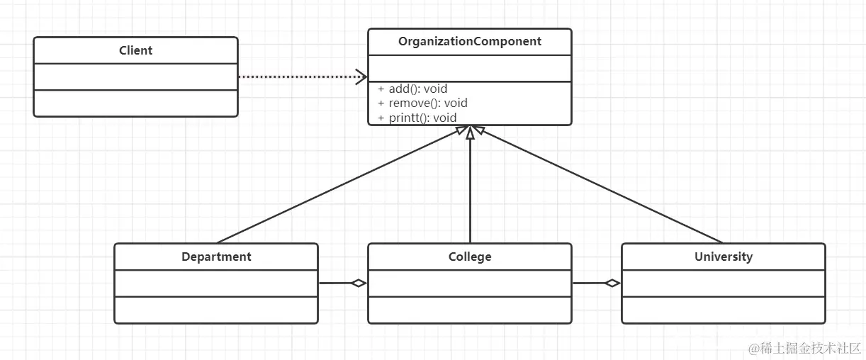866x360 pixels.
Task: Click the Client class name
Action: tap(135, 50)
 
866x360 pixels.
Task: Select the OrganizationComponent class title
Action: tap(470, 41)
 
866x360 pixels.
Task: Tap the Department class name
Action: tap(216, 257)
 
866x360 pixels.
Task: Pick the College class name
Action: tap(470, 257)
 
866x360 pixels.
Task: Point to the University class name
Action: tap(724, 257)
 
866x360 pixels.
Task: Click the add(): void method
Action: tap(412, 89)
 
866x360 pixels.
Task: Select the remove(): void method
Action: tap(422, 103)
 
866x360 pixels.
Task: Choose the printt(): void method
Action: tap(417, 118)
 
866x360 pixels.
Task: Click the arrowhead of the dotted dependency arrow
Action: tap(361, 77)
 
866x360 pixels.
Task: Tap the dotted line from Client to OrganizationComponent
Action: tap(303, 77)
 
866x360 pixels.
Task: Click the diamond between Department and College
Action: tap(359, 283)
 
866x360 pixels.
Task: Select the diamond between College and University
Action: tap(612, 283)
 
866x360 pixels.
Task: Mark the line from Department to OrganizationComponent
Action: tap(342, 184)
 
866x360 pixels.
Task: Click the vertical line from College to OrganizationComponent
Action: tap(470, 184)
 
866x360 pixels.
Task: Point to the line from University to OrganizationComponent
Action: tap(597, 184)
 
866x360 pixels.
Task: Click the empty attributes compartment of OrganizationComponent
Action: tap(470, 69)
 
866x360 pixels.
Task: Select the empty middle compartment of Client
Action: tap(135, 77)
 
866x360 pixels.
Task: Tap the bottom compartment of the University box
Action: tap(724, 310)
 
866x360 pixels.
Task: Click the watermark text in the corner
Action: tap(805, 349)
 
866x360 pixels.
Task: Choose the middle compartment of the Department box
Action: tap(216, 283)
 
